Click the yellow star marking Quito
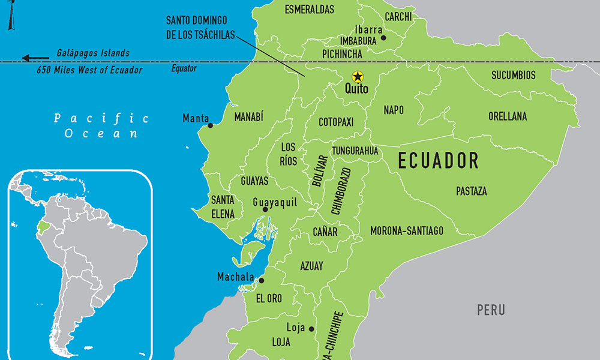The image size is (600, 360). point(358,77)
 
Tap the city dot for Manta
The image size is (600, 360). point(210,125)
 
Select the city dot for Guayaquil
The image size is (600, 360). point(265,209)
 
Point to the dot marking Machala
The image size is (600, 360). point(261,280)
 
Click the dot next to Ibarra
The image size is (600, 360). point(383,38)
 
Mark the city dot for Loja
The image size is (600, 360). point(311,329)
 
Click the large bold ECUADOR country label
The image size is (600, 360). point(439,161)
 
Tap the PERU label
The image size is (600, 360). point(491,310)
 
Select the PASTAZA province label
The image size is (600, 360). point(471,191)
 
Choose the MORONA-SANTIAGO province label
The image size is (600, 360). point(407,230)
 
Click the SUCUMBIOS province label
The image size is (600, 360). point(514,76)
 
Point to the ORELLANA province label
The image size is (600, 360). point(508,116)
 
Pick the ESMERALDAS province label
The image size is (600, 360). point(310,10)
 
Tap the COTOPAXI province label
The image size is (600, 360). point(336,122)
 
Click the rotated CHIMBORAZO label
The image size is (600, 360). point(340,191)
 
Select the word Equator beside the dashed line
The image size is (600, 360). point(184,68)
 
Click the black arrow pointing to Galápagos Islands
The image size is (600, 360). point(35,58)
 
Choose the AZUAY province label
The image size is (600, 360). point(311,266)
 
